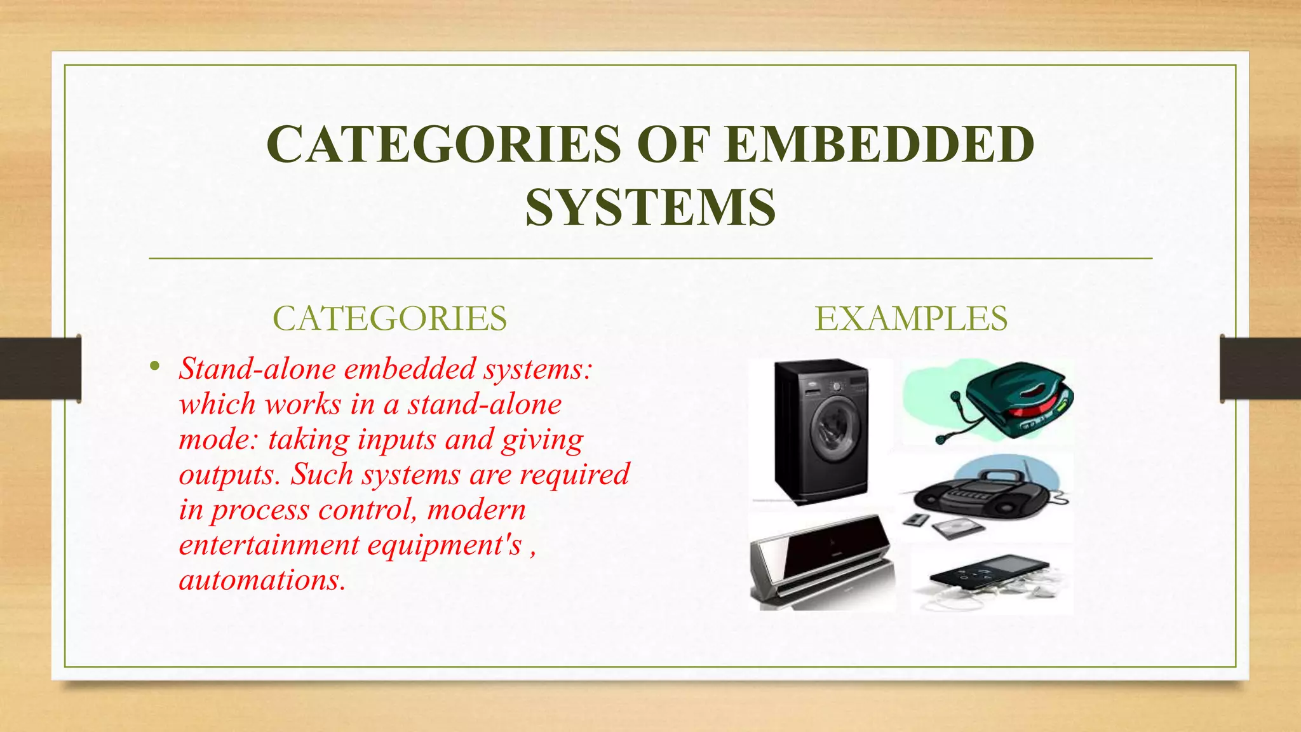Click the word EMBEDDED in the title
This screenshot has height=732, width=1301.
point(880,144)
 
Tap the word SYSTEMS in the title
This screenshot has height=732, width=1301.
point(650,207)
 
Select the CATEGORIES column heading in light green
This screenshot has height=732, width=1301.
point(389,318)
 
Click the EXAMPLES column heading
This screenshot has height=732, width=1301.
point(911,318)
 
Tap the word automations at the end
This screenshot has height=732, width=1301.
point(261,580)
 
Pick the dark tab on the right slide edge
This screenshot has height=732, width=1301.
point(1260,369)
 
